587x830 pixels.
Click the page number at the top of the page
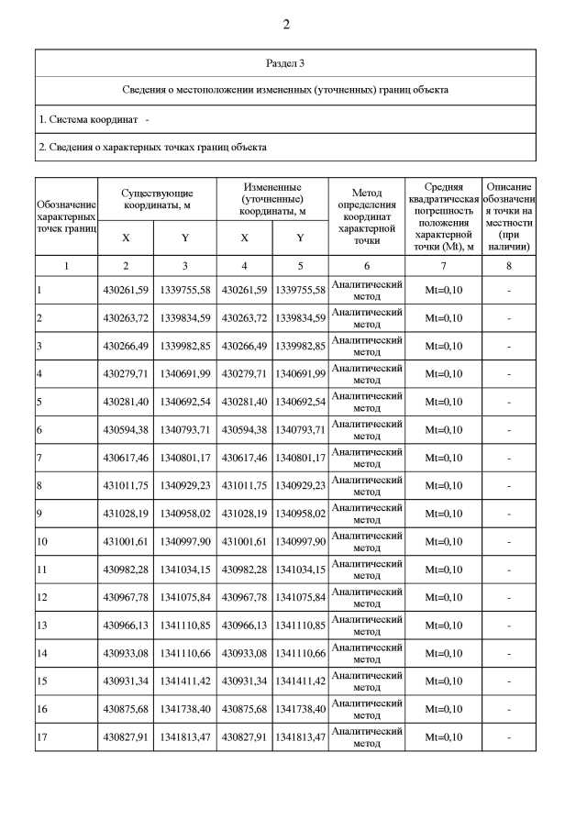tap(285, 24)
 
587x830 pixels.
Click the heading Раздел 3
tap(285, 63)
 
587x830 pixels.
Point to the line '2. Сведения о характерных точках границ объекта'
tap(152, 147)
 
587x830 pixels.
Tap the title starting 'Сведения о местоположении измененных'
tap(285, 91)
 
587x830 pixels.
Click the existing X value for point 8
tap(125, 485)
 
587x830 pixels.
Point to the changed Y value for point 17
tap(300, 737)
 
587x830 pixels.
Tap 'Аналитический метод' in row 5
tap(366, 402)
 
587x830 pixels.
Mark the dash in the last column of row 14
tap(509, 654)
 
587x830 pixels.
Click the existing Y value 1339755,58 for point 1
tap(185, 290)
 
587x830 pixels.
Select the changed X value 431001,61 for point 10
tap(244, 542)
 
